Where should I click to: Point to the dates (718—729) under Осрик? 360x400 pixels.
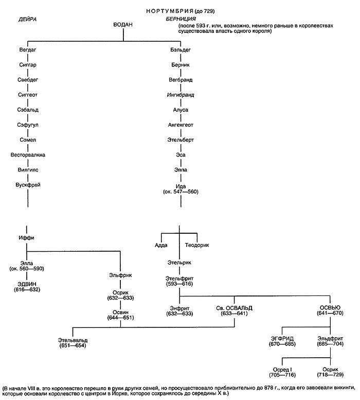[x=329, y=374]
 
